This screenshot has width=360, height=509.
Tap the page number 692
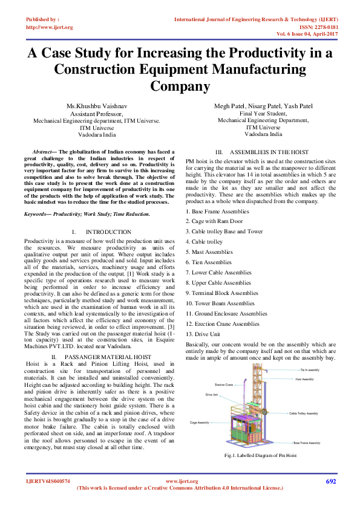pos(330,481)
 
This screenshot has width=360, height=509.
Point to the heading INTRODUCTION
pos(100,232)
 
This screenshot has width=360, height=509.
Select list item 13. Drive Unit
pos(203,334)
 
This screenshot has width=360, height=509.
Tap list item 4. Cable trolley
pos(204,241)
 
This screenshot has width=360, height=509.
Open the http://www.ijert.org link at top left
pos(50,27)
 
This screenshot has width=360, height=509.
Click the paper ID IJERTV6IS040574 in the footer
pos(48,481)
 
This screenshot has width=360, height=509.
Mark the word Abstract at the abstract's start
pos(42,151)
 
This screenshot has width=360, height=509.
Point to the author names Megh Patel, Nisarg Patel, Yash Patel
pos(263,106)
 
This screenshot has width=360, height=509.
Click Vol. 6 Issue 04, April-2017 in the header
pos(315,34)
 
